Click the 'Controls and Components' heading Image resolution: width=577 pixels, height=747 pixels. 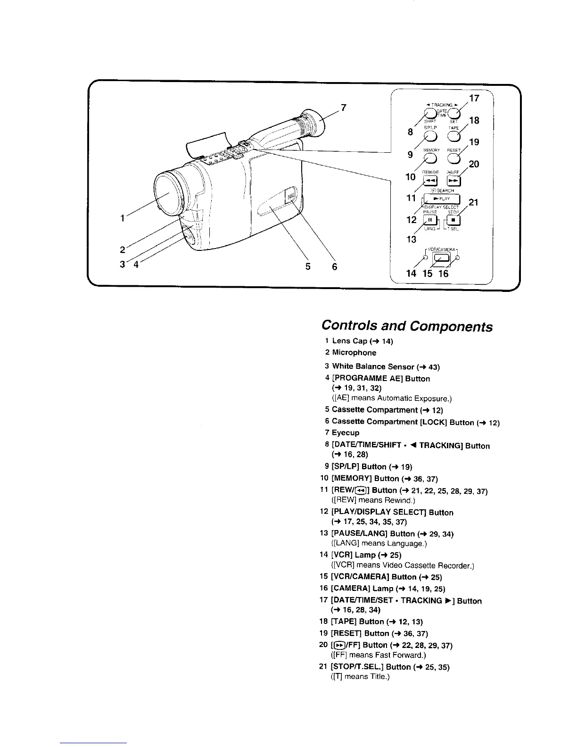407,326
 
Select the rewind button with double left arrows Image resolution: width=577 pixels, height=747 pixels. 431,181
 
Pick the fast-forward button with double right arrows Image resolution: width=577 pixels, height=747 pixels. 453,181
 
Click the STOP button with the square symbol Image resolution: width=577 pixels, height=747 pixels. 453,220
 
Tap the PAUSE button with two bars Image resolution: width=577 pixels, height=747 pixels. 430,220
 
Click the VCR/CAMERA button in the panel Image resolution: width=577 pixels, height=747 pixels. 441,258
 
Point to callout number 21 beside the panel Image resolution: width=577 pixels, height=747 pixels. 474,203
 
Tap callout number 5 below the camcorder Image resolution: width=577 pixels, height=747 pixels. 308,267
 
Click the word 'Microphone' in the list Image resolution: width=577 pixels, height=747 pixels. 354,353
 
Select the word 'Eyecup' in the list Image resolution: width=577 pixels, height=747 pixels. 346,433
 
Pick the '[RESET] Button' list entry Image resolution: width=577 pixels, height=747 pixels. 362,633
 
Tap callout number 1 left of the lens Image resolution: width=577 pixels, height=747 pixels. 123,218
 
